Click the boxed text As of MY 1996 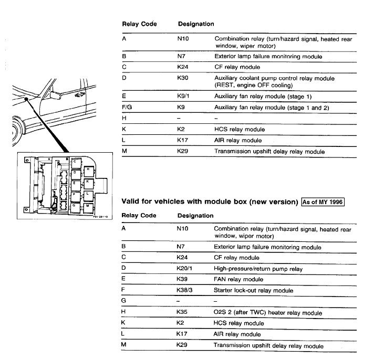[322, 202]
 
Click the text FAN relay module [239, 279]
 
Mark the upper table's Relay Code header [139, 24]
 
